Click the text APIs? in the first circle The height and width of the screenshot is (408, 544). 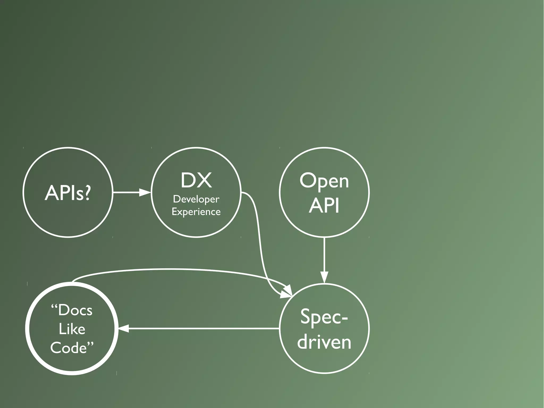coord(68,192)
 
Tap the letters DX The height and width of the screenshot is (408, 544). coord(196,180)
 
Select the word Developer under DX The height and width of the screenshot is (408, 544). coord(196,199)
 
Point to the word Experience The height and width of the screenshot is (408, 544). coord(196,212)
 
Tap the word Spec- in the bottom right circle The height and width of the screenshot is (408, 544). coord(324,317)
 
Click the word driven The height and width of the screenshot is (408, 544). coord(324,342)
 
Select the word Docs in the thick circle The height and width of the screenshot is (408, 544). coord(75,310)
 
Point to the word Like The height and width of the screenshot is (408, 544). coord(72,329)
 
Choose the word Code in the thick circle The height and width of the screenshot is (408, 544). coord(69,348)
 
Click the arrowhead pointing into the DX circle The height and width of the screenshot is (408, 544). coord(145,192)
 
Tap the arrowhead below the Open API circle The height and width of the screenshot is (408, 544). coord(324,277)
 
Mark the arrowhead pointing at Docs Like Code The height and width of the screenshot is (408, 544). coord(124,329)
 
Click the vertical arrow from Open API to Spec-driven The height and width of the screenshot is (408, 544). coord(324,255)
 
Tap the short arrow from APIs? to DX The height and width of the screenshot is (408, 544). coord(127,192)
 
